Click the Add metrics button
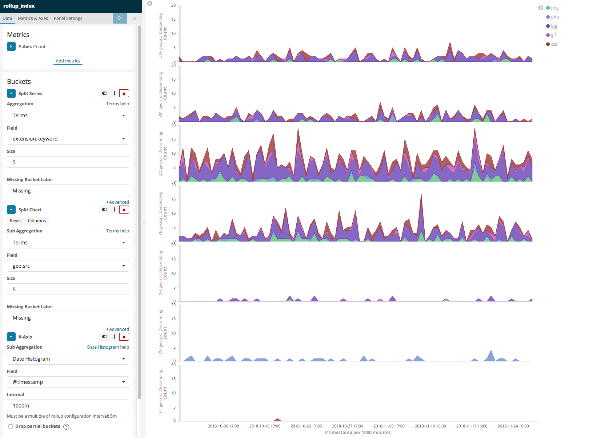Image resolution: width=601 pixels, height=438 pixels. pyautogui.click(x=68, y=61)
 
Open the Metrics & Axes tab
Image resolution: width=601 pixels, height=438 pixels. pyautogui.click(x=33, y=18)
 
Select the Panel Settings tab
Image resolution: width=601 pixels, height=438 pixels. pyautogui.click(x=68, y=18)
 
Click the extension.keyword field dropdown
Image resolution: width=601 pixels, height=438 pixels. pyautogui.click(x=68, y=139)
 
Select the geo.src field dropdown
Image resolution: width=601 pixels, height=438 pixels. pyautogui.click(x=68, y=266)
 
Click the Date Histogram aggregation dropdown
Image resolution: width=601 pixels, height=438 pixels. pyautogui.click(x=68, y=359)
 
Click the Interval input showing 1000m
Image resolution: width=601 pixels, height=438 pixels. pyautogui.click(x=68, y=405)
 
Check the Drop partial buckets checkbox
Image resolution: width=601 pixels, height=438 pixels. pyautogui.click(x=11, y=426)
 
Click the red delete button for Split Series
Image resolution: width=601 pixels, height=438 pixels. pyautogui.click(x=124, y=93)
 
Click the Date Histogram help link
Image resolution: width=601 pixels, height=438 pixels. pyautogui.click(x=108, y=347)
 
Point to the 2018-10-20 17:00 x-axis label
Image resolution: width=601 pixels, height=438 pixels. pyautogui.click(x=306, y=426)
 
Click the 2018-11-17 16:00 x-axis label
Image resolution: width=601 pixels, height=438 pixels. pyautogui.click(x=472, y=426)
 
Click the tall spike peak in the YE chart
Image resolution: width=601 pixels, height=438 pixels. pyautogui.click(x=421, y=195)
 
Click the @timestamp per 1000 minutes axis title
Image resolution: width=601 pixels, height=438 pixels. pyautogui.click(x=357, y=432)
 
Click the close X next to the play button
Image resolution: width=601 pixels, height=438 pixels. pyautogui.click(x=135, y=18)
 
